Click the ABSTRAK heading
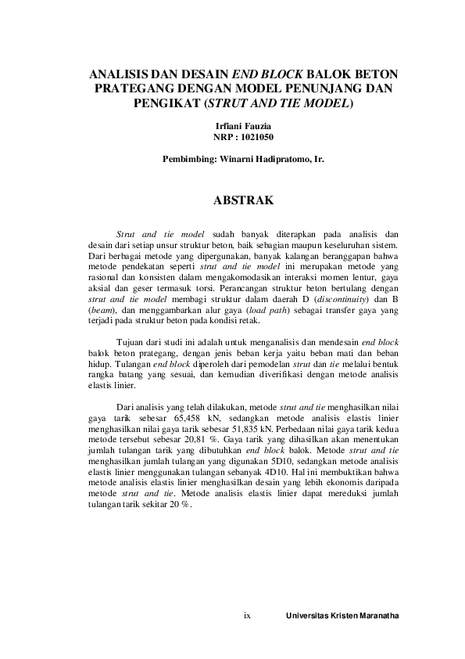coord(243,201)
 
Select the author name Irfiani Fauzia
coord(243,125)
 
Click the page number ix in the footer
coord(248,615)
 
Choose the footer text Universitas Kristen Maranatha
coord(342,616)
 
